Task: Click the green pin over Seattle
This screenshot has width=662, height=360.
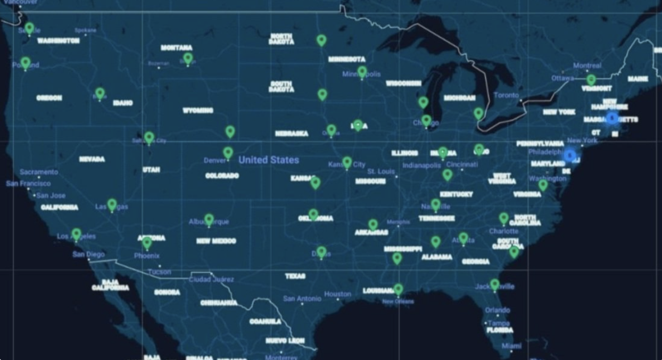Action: pyautogui.click(x=29, y=27)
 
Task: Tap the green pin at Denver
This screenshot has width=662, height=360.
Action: pyautogui.click(x=228, y=153)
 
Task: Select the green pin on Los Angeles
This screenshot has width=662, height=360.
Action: pyautogui.click(x=77, y=234)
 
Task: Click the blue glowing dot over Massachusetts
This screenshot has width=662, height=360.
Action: pyautogui.click(x=612, y=118)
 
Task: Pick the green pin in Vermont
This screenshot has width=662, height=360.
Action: pyautogui.click(x=591, y=80)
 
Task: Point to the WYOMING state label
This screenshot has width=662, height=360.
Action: pyautogui.click(x=198, y=111)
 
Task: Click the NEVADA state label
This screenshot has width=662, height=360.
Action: pyautogui.click(x=92, y=159)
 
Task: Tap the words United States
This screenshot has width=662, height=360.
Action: pyautogui.click(x=269, y=160)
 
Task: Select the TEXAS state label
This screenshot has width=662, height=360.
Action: pyautogui.click(x=295, y=276)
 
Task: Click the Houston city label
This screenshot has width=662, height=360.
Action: pyautogui.click(x=337, y=294)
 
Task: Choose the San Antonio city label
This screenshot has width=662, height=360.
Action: pyautogui.click(x=302, y=299)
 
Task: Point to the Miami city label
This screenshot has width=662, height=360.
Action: pyautogui.click(x=511, y=346)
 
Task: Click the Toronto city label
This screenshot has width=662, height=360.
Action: pyautogui.click(x=506, y=95)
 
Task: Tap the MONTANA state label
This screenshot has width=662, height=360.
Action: pyautogui.click(x=177, y=48)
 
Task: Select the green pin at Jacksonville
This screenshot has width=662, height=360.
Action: pyautogui.click(x=495, y=284)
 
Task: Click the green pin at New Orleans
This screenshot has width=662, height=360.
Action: pyautogui.click(x=398, y=289)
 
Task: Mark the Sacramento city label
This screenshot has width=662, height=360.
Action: pyautogui.click(x=39, y=172)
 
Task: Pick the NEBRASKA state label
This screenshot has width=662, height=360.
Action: pyautogui.click(x=292, y=134)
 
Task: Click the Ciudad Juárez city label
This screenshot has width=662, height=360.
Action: pyautogui.click(x=211, y=279)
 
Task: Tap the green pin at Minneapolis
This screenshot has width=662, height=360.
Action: pyautogui.click(x=362, y=71)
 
